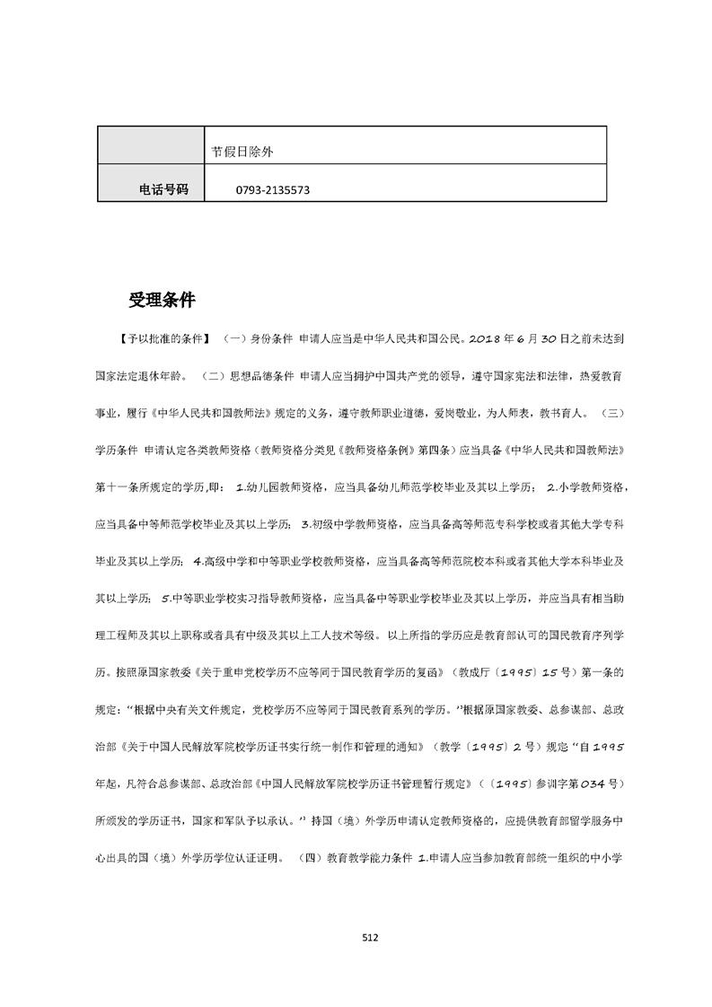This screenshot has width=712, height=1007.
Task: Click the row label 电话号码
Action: (163, 189)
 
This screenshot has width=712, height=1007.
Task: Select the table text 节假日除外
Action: (242, 152)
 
